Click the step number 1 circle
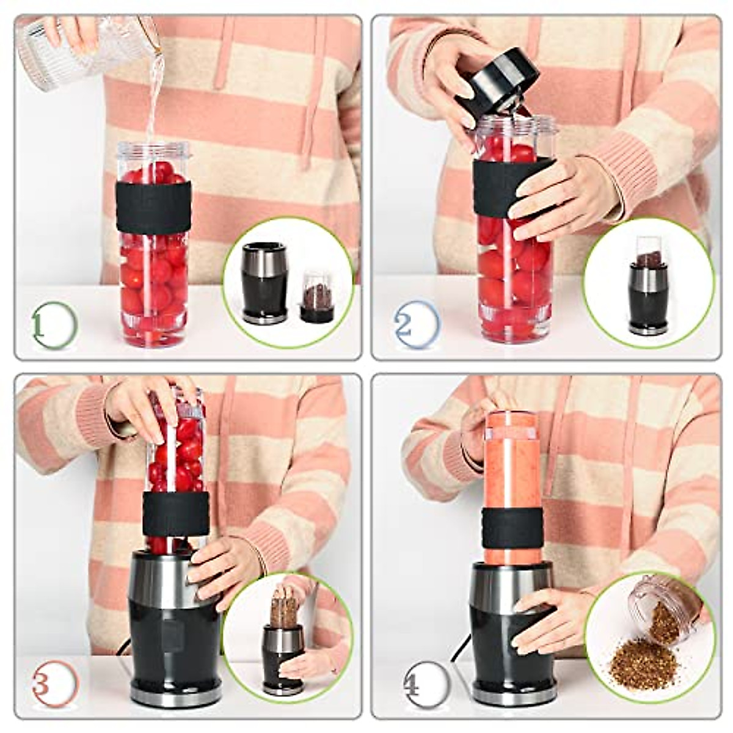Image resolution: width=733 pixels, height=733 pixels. (54, 325)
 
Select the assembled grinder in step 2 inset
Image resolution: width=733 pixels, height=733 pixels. (649, 287)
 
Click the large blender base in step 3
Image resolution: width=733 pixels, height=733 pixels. (174, 629)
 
